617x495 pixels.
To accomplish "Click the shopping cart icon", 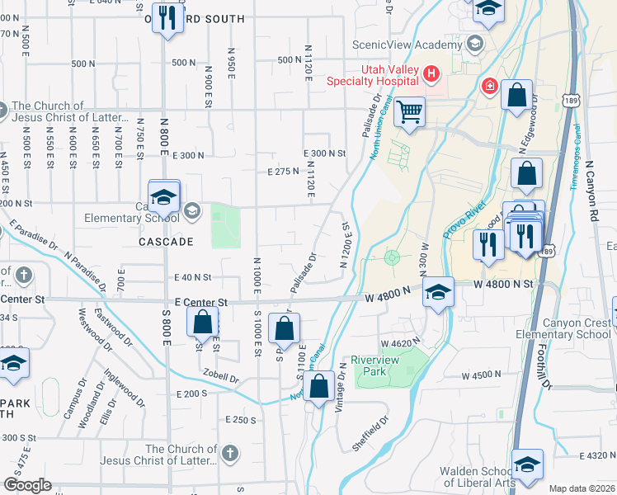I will coord(409,111).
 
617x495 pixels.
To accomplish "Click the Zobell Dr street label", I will coord(223,379).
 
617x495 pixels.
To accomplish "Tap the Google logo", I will coord(27,484).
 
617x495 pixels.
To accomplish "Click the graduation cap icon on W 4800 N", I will coord(438,292).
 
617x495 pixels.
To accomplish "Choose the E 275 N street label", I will coord(282,171).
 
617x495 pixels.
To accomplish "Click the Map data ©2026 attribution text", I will coord(582,488).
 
